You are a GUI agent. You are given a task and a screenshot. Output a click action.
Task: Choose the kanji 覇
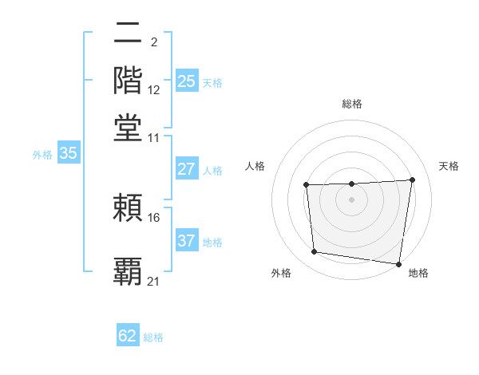point(129,270)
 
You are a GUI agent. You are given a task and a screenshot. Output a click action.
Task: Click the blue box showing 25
point(187,81)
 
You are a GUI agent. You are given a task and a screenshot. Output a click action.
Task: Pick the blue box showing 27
point(187,169)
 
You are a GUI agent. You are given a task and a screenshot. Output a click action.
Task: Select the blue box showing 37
point(187,241)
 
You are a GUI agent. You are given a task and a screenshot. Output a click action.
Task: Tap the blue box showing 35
point(68,154)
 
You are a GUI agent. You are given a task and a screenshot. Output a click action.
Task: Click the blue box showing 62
point(128,336)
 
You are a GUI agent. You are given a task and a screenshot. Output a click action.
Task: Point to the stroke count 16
point(154,217)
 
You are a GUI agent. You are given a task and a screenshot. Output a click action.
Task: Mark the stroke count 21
point(154,281)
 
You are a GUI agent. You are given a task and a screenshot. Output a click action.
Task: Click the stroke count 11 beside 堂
point(154,137)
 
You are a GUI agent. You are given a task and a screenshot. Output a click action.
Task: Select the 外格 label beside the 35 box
point(42,155)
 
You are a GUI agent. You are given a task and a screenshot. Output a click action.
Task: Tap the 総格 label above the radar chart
point(351,104)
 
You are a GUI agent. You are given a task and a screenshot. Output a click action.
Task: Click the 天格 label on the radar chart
point(449,166)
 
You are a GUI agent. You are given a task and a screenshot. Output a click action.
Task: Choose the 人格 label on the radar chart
point(255,166)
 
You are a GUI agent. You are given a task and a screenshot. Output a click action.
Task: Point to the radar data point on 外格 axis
point(315,252)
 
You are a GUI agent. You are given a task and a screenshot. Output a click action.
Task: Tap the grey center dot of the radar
point(351,199)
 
